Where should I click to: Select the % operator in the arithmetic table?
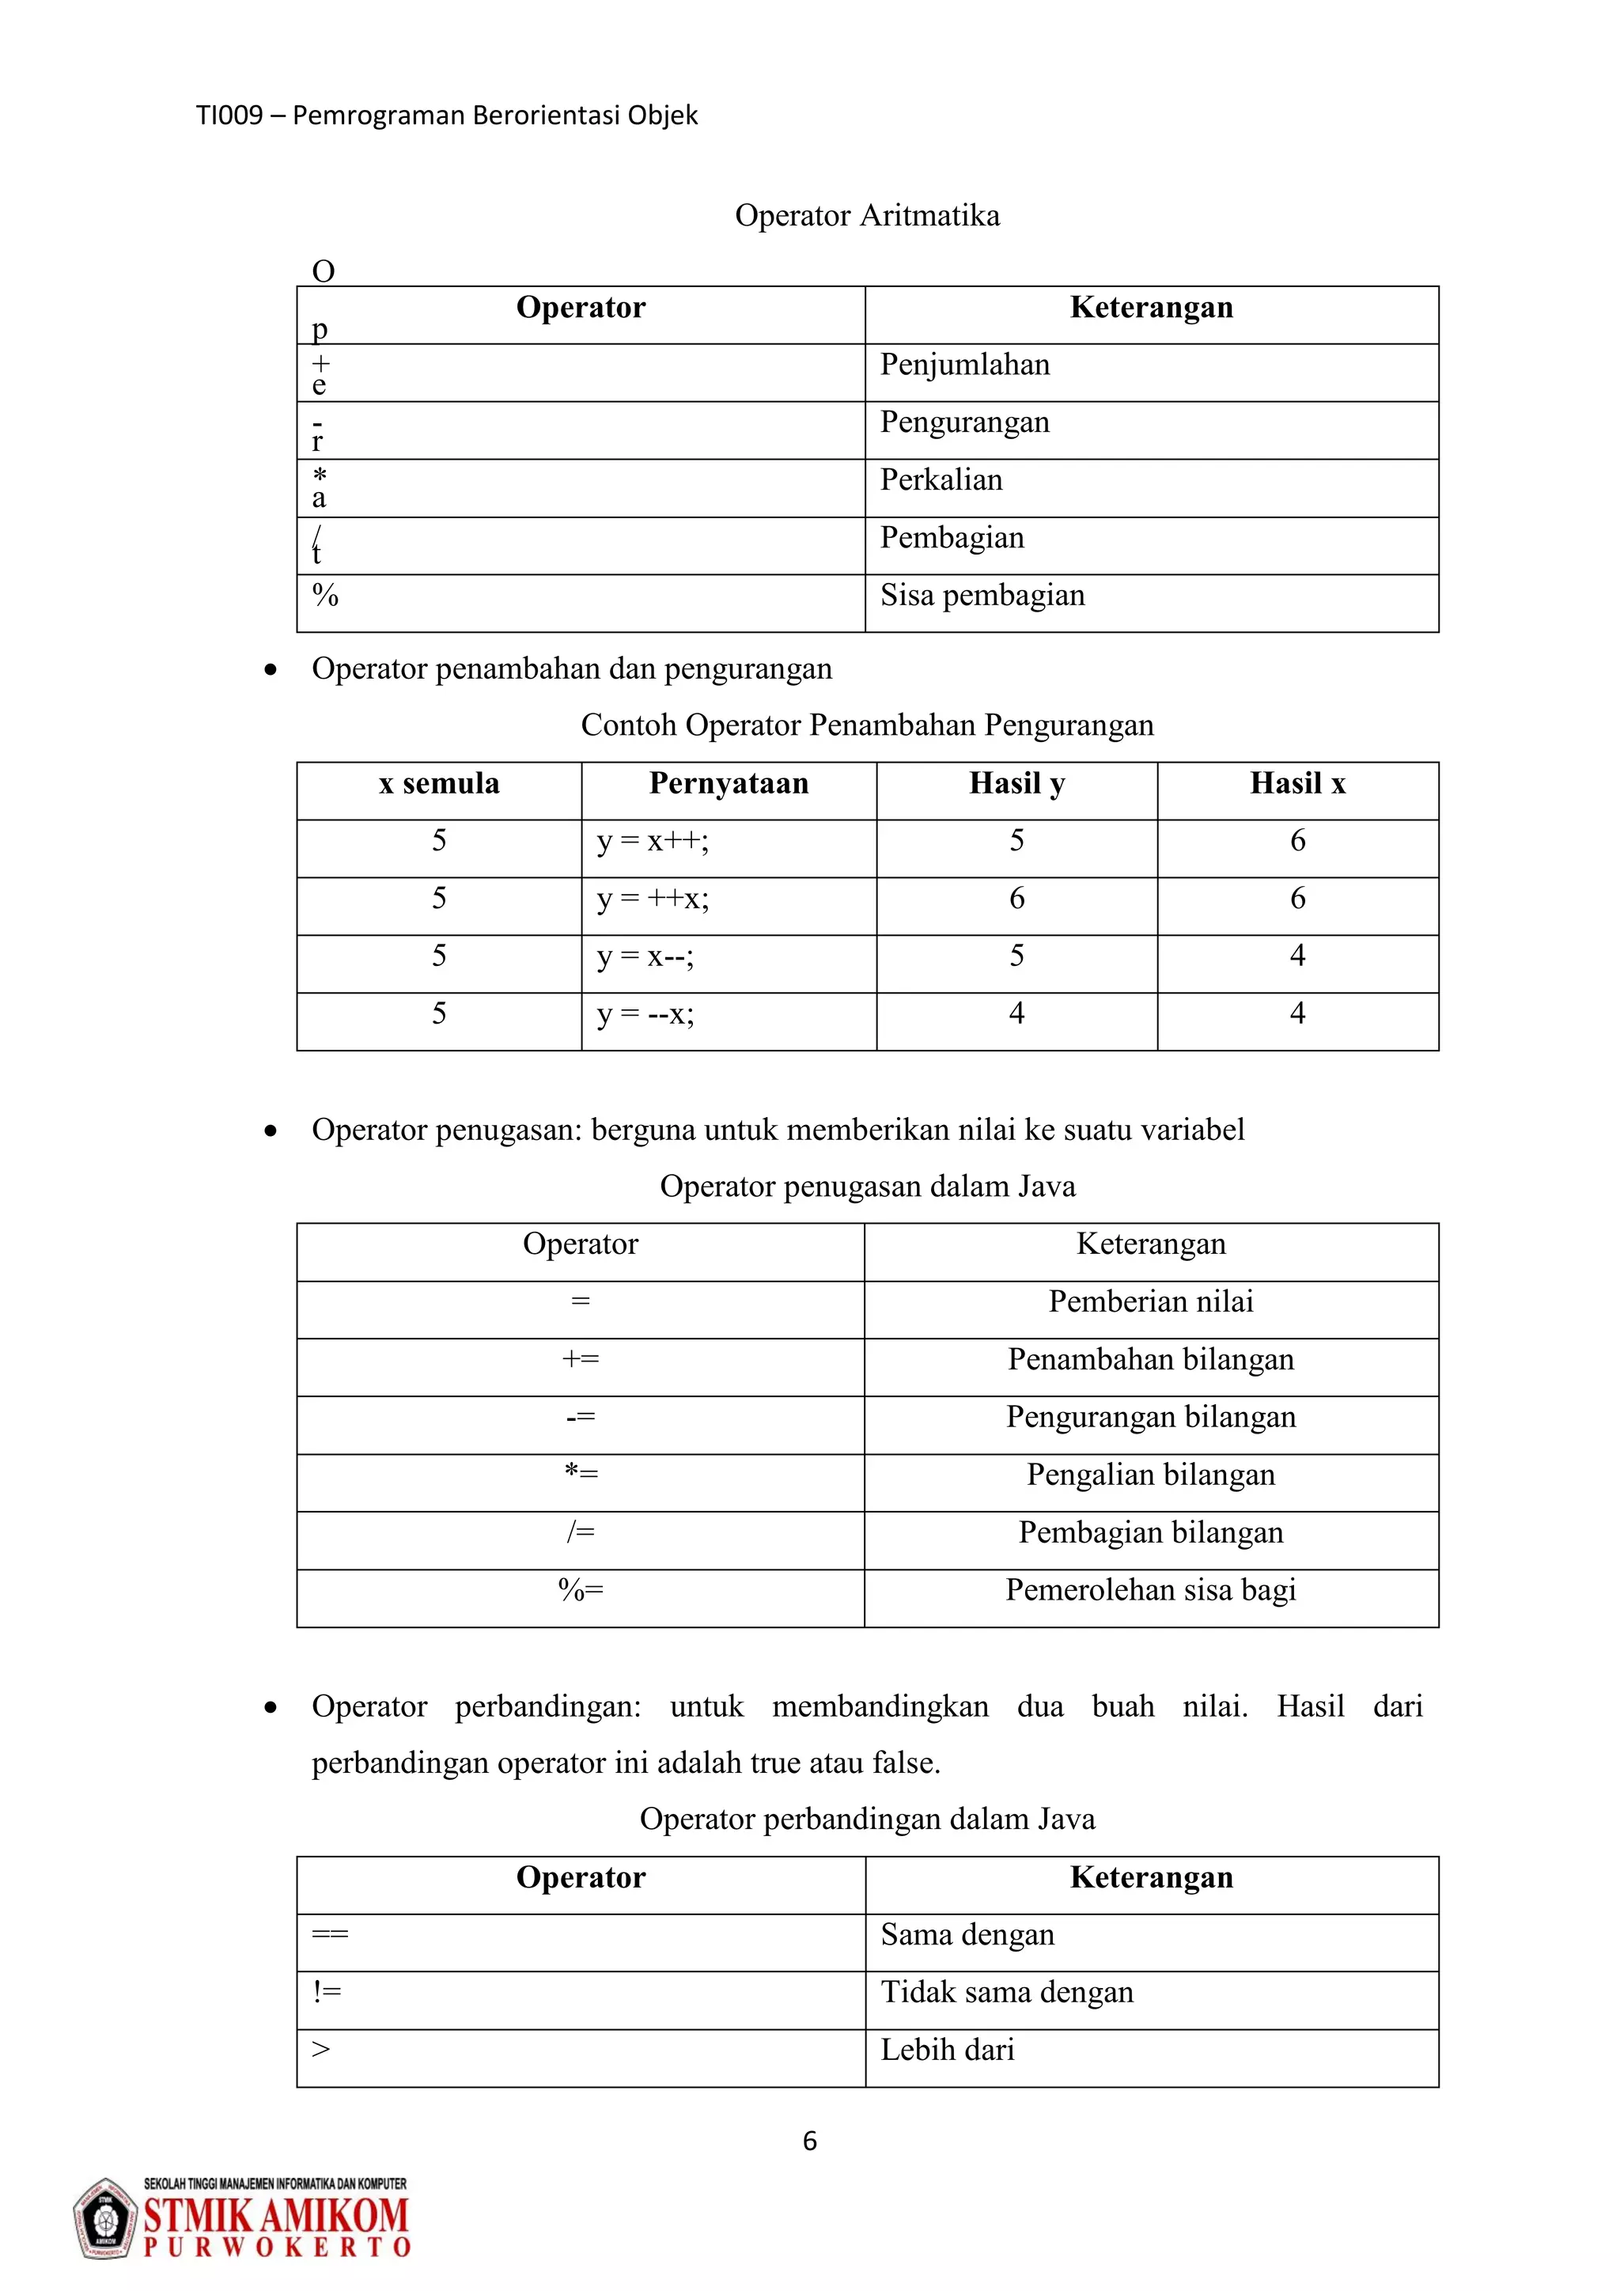coord(326,596)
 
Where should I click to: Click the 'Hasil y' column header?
coord(1016,784)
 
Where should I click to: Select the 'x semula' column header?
coord(439,784)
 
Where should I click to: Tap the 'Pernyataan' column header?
coord(729,784)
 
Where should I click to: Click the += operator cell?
coord(581,1360)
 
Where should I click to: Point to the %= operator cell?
coord(581,1591)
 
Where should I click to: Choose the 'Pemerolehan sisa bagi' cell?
coord(1150,1591)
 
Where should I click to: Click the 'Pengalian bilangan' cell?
coord(1150,1475)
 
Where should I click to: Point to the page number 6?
coord(810,2141)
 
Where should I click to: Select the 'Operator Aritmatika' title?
coord(867,215)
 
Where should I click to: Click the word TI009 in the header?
coord(229,115)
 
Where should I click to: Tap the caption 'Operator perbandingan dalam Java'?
coord(867,1819)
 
